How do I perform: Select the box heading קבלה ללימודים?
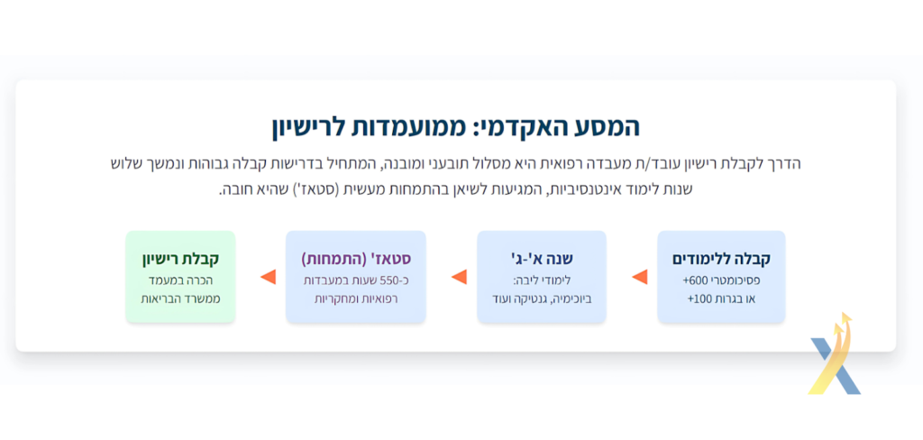tap(721, 259)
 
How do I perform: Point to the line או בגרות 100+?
tap(721, 298)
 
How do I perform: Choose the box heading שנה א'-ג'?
tap(542, 259)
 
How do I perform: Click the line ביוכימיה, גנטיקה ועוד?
tap(542, 298)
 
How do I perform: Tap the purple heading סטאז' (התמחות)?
tap(356, 259)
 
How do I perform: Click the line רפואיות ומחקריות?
tap(356, 298)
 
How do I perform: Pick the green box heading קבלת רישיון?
tap(180, 259)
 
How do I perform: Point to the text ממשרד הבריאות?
tap(180, 298)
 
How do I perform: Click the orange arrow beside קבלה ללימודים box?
tap(640, 277)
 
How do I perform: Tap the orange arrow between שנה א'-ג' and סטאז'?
tap(459, 277)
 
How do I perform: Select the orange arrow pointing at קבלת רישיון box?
tap(268, 277)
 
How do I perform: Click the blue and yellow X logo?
tap(835, 354)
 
